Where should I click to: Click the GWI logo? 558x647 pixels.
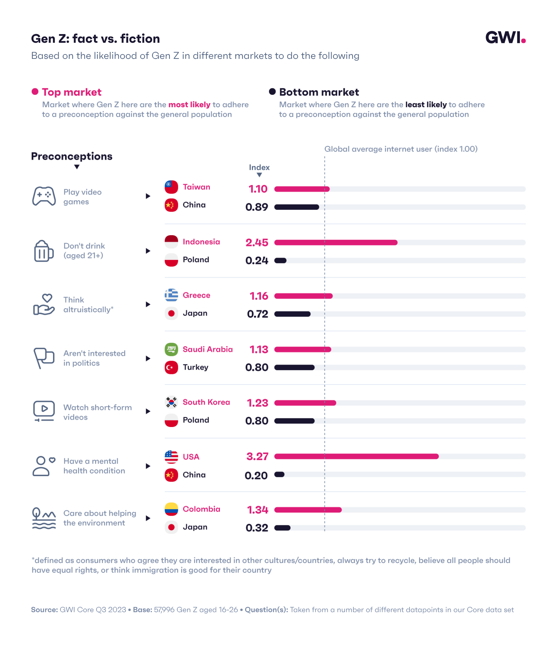505,38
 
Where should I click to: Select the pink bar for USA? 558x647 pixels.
356,456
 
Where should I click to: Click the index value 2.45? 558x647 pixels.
256,242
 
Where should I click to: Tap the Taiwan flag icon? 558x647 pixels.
171,187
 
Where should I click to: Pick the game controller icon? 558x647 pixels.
44,196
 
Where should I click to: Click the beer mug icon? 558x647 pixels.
43,251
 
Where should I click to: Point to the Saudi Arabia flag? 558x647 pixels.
171,349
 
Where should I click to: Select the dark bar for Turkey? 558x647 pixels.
294,368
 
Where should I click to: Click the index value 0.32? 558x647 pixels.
256,528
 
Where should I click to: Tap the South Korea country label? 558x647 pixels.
206,402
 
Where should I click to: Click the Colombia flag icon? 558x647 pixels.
171,509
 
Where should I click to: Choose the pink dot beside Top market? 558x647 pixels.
35,91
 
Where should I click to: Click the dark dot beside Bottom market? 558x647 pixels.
272,91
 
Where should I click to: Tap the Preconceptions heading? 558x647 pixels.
72,156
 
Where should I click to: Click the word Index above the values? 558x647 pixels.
259,167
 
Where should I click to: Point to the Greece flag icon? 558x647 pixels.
171,295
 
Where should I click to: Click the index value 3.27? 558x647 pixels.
257,456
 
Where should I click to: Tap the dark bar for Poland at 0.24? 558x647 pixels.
280,260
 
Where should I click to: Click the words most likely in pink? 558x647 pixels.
189,105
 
